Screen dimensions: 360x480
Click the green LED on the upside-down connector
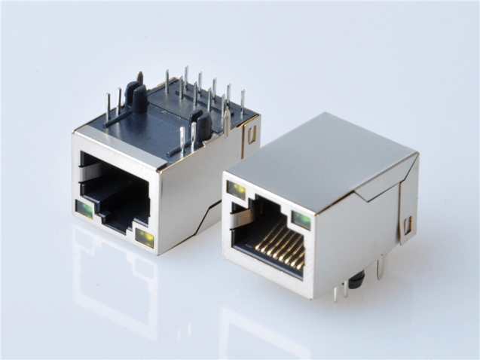click(84, 209)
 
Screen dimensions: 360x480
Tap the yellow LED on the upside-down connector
click(144, 238)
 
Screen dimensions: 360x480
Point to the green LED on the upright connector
click(301, 219)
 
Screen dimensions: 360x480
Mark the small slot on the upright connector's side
click(408, 224)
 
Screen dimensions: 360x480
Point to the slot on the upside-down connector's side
click(251, 134)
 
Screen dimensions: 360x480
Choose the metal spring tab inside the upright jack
click(243, 218)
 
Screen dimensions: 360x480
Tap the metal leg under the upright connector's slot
click(381, 267)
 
